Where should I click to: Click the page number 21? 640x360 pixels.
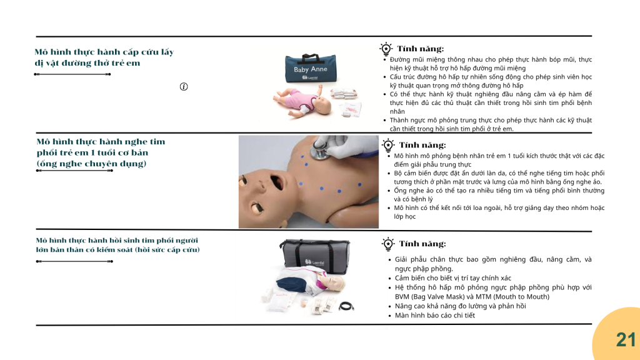626,339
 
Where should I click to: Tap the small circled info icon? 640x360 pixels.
184,86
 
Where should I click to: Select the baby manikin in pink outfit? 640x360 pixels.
302,102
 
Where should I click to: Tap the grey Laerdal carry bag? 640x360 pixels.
314,256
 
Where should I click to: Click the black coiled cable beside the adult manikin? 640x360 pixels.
346,306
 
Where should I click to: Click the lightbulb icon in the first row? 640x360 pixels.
386,49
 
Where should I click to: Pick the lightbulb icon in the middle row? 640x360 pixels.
387,145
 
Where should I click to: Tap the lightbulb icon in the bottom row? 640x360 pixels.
387,244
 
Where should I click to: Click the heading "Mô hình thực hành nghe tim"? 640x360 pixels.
101,142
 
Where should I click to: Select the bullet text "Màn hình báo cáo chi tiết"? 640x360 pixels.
435,315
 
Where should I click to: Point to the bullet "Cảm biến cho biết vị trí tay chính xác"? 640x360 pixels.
452,278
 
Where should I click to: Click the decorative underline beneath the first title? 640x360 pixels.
72,74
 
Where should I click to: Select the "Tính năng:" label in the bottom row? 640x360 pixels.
422,244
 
